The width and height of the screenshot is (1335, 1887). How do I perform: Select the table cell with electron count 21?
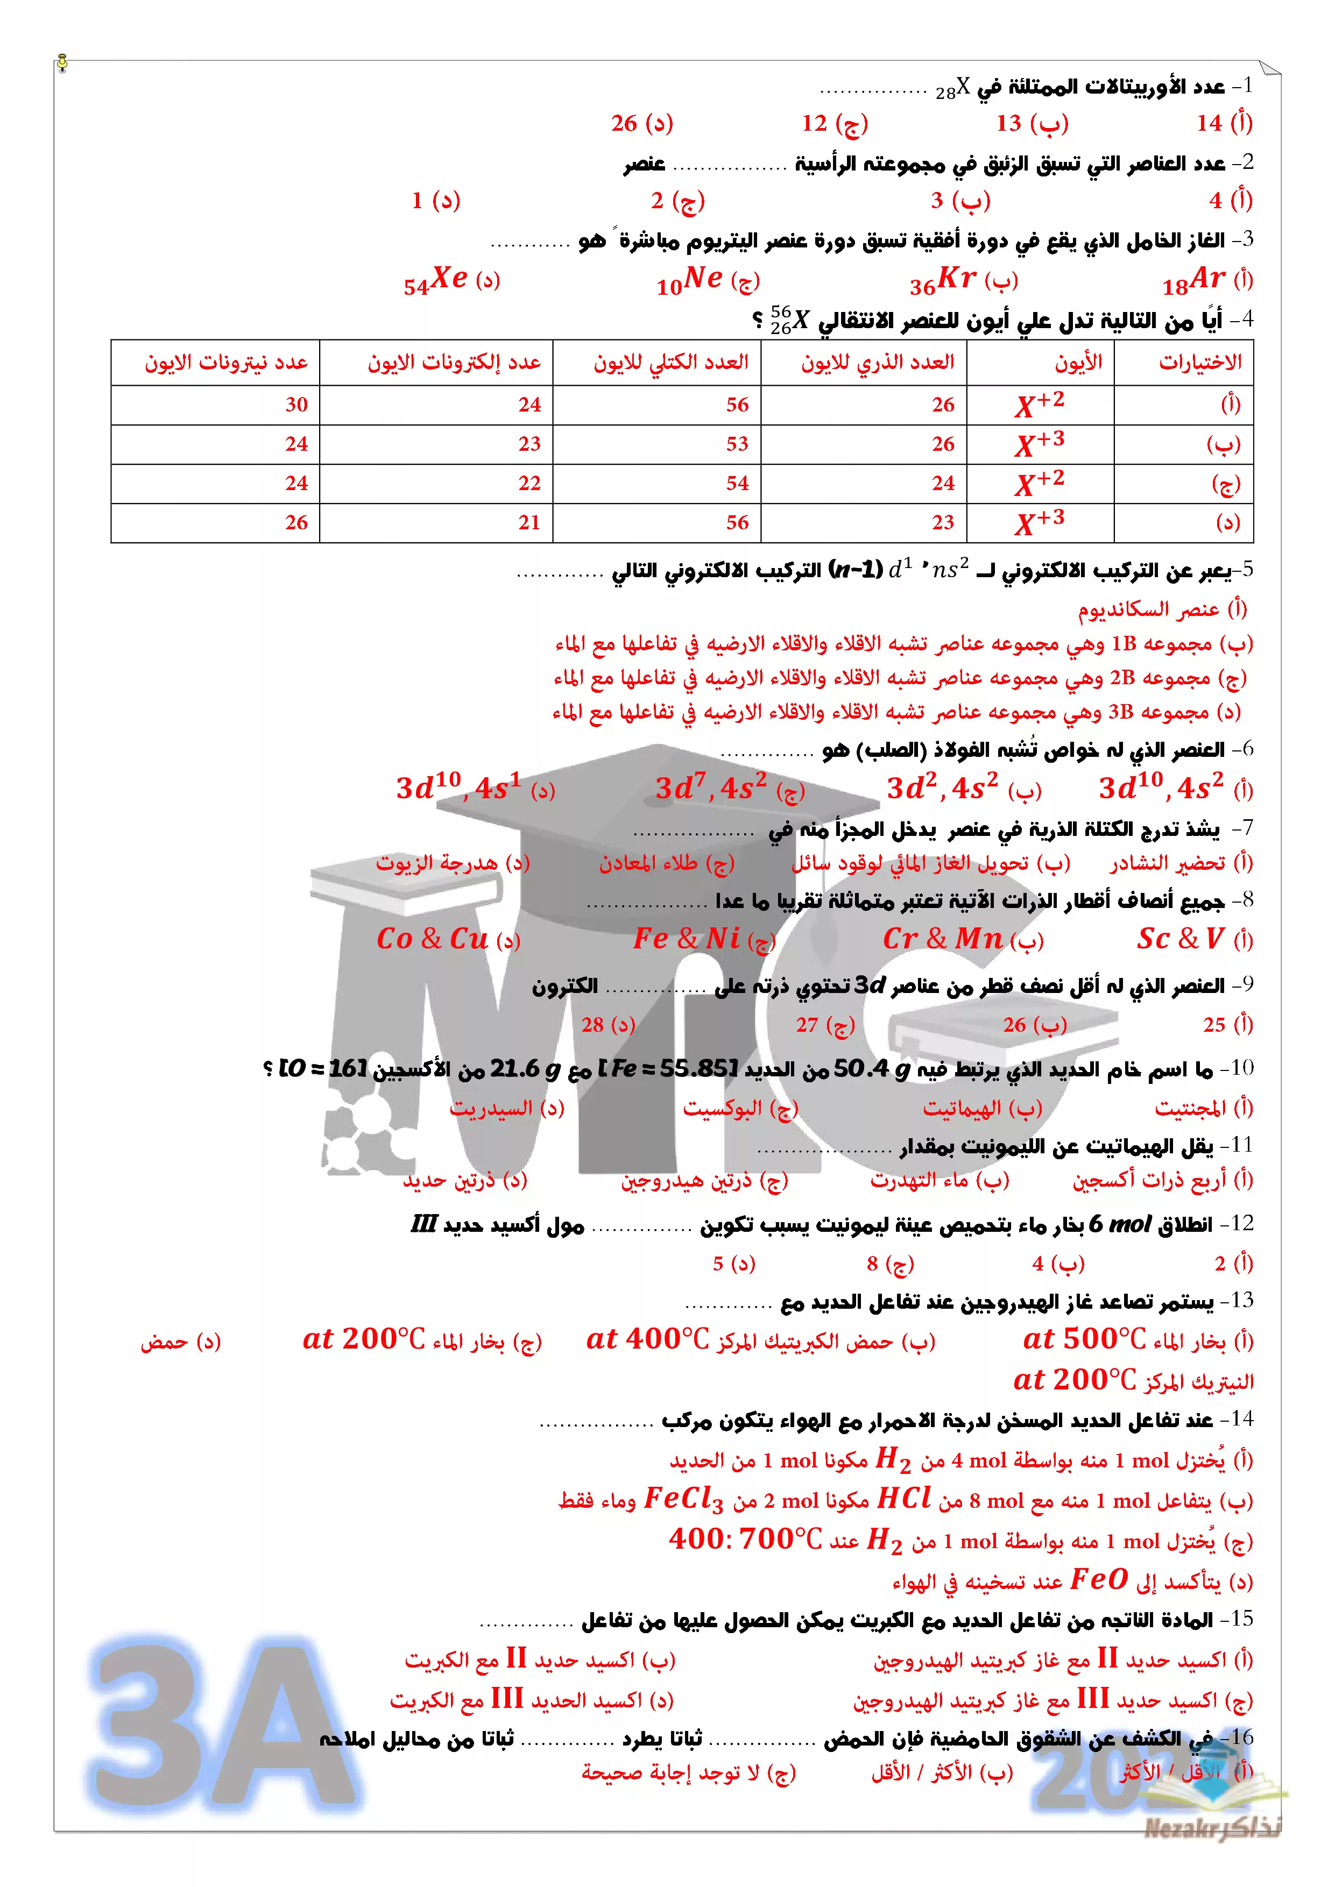pos(528,523)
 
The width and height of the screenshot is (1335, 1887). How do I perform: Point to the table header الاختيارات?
pos(1199,363)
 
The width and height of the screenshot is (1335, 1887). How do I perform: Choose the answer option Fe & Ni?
pos(687,939)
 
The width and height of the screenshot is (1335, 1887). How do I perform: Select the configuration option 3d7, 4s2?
pos(711,788)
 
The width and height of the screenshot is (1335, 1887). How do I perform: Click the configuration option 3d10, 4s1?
pos(458,788)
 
